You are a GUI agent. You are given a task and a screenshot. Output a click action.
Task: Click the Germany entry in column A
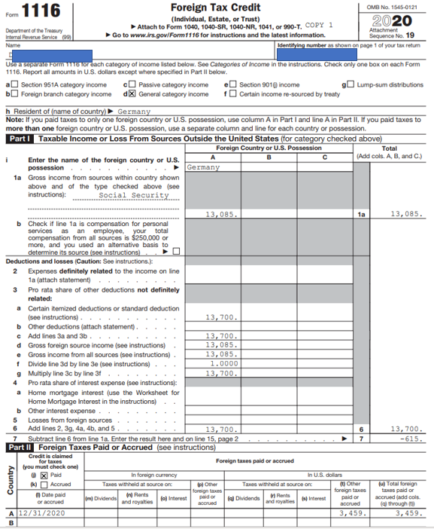[202, 167]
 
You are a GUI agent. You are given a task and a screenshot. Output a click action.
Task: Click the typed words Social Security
[134, 195]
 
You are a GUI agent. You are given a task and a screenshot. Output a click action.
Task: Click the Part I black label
[18, 139]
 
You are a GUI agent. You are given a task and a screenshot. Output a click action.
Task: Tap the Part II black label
[19, 447]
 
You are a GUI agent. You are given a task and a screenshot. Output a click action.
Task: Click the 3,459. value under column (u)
[406, 512]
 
